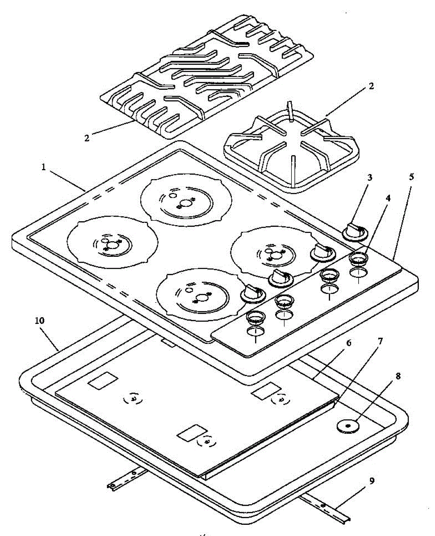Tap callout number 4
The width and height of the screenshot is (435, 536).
[388, 198]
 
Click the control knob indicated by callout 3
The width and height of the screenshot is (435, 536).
[355, 231]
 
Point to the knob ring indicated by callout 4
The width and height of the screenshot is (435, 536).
[358, 257]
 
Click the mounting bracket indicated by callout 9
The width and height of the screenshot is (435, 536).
[326, 507]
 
